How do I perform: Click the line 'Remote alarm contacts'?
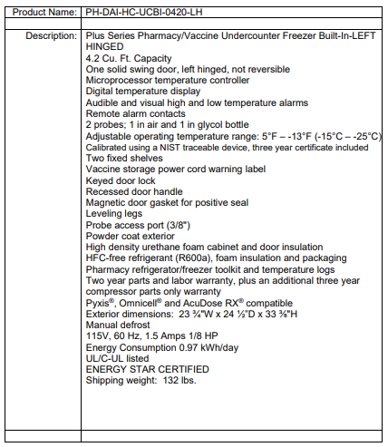pos(136,113)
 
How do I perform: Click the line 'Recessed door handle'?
pos(134,191)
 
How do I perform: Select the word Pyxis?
pos(100,303)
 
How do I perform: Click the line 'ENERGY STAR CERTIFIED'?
pos(147,369)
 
